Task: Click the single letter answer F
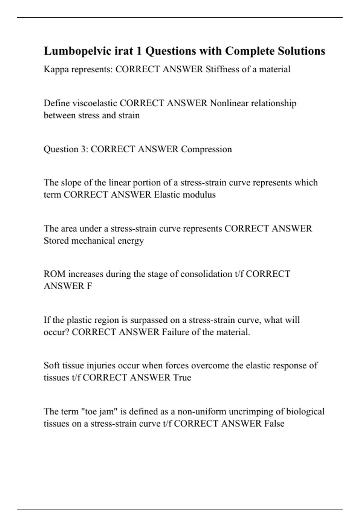[89, 286]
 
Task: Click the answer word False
[274, 423]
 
